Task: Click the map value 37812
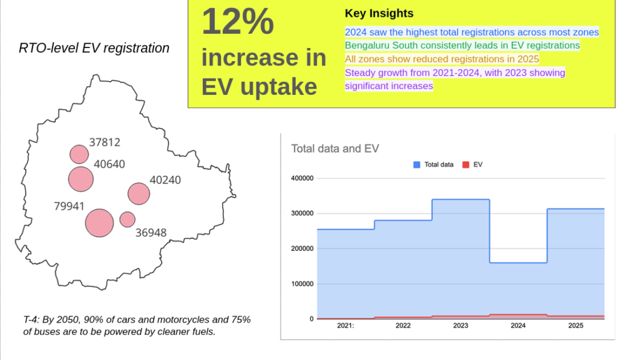point(105,142)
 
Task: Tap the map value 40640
point(109,163)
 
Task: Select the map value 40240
point(165,180)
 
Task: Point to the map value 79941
point(69,206)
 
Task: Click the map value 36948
point(151,233)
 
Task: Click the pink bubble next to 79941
point(99,223)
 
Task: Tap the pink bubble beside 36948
point(127,220)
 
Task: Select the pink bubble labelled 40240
point(139,194)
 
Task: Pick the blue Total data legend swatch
point(416,165)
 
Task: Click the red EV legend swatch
point(466,165)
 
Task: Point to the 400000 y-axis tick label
point(302,178)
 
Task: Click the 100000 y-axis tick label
point(302,284)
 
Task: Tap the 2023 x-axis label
point(461,326)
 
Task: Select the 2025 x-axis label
point(575,326)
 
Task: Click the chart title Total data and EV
point(335,148)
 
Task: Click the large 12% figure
point(238,21)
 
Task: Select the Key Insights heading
point(379,14)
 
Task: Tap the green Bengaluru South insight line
point(462,45)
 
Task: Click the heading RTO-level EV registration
point(94,48)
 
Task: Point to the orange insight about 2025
point(442,59)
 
